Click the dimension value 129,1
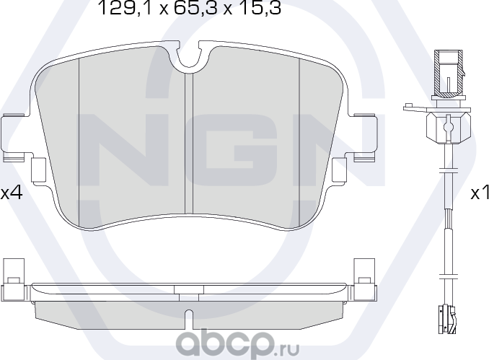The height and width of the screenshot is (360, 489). point(119,9)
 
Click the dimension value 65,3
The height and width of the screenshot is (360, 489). point(190,9)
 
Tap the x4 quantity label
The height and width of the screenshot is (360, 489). point(12,193)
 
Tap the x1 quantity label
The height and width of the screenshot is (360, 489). point(479,193)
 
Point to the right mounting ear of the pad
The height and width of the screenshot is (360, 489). point(364,136)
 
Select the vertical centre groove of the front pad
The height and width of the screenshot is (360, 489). point(189,144)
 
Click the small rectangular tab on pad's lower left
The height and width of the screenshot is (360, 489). point(39,170)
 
